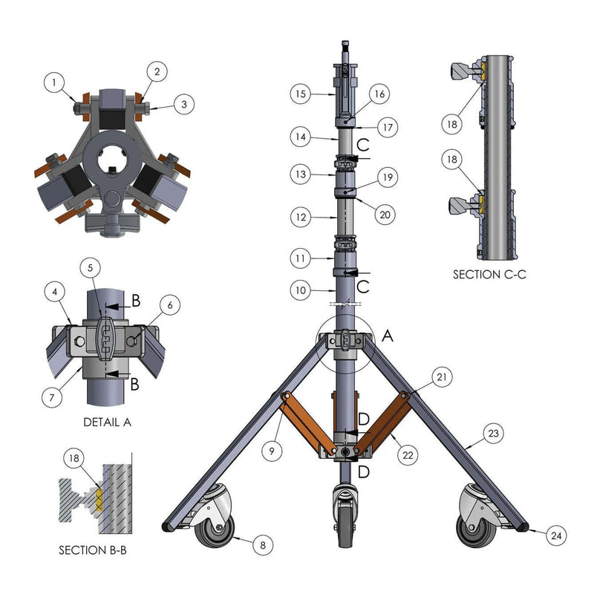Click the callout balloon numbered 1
point(54,82)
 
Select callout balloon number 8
point(263,545)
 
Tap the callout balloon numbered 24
point(556,535)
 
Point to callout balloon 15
point(301,94)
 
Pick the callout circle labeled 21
point(442,377)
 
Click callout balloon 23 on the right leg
point(493,433)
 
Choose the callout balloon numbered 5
point(90,268)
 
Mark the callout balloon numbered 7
point(52,397)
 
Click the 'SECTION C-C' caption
point(489,274)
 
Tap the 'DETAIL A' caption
point(107,422)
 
